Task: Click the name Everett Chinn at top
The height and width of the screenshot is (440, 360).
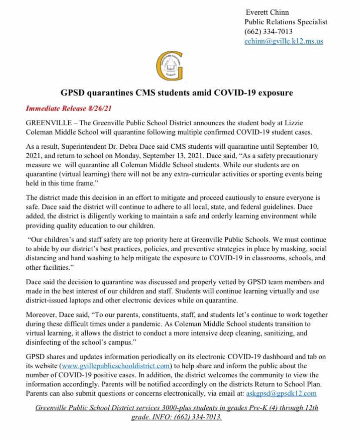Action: [267, 12]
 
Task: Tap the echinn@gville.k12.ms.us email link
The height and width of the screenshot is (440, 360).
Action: [283, 42]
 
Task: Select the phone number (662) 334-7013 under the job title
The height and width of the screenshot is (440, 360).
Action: [268, 32]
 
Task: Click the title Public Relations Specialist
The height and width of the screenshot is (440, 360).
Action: [286, 22]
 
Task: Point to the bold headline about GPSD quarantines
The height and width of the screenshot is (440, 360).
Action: [176, 93]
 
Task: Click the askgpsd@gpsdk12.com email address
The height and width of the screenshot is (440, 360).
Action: [281, 393]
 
